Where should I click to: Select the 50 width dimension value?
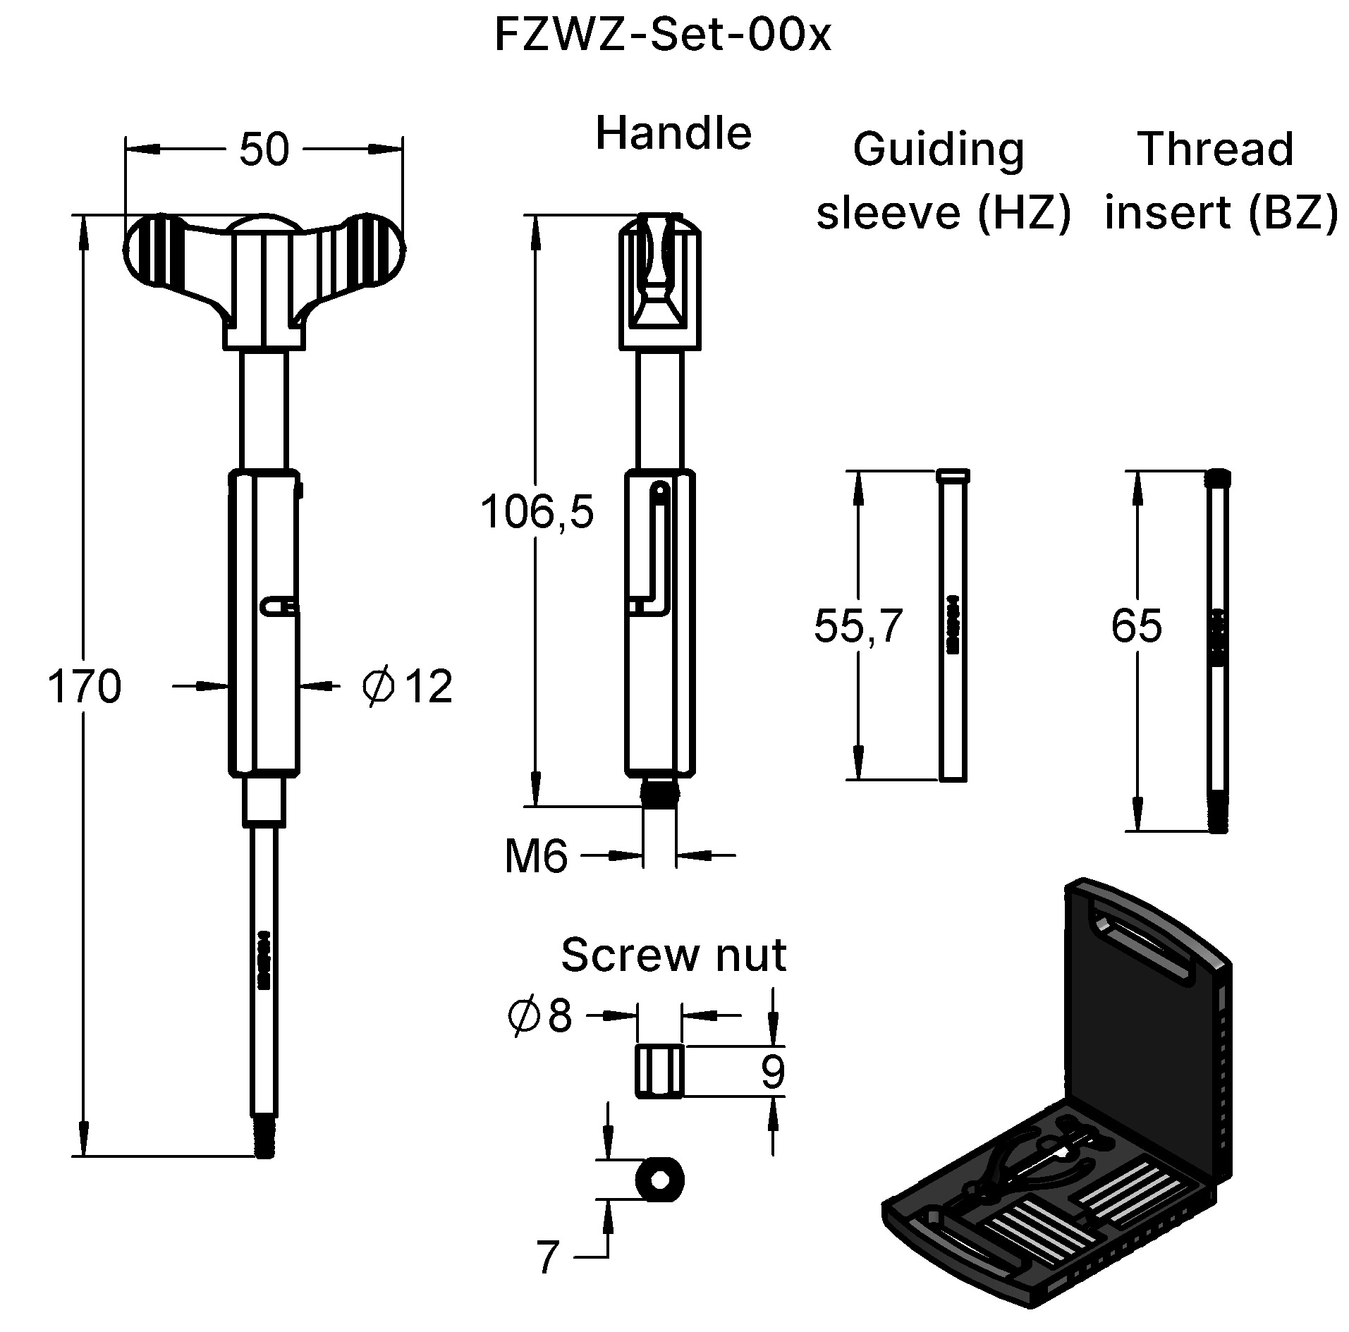click(264, 149)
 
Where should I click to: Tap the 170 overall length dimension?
click(84, 687)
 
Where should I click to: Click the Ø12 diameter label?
click(407, 686)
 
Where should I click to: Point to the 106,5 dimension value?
click(537, 512)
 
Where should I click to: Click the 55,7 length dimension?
click(858, 625)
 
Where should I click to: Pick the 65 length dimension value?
click(1136, 625)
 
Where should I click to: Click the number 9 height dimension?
click(773, 1072)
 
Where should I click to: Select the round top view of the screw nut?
click(659, 1179)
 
